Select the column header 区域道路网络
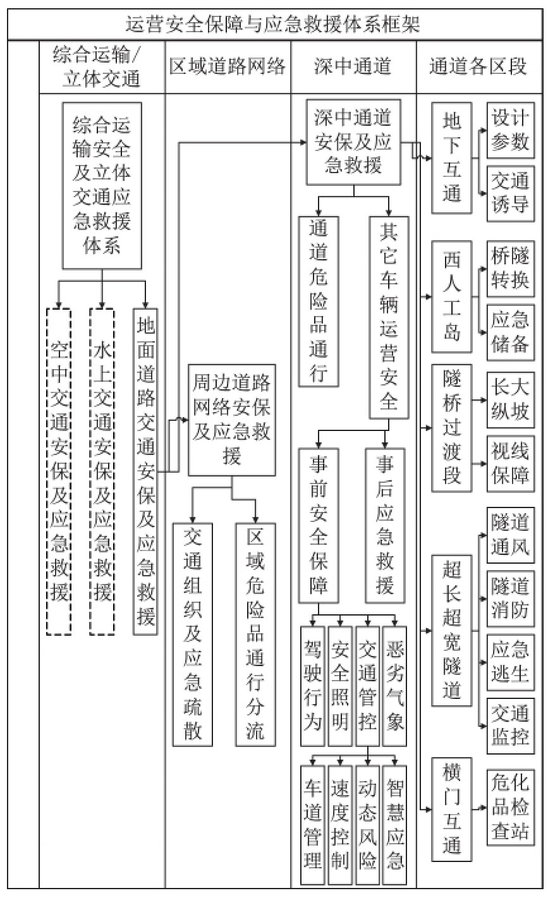pos(228,66)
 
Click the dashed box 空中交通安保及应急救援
pos(59,470)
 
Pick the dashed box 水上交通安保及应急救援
pos(102,470)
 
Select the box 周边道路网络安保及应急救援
pos(232,420)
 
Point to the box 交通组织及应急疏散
pos(193,634)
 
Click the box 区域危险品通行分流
pos(255,634)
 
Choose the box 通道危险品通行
pos(319,301)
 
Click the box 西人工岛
pos(452,296)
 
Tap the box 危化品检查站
pos(509,807)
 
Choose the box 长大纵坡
pos(509,396)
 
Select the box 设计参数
pos(509,131)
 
